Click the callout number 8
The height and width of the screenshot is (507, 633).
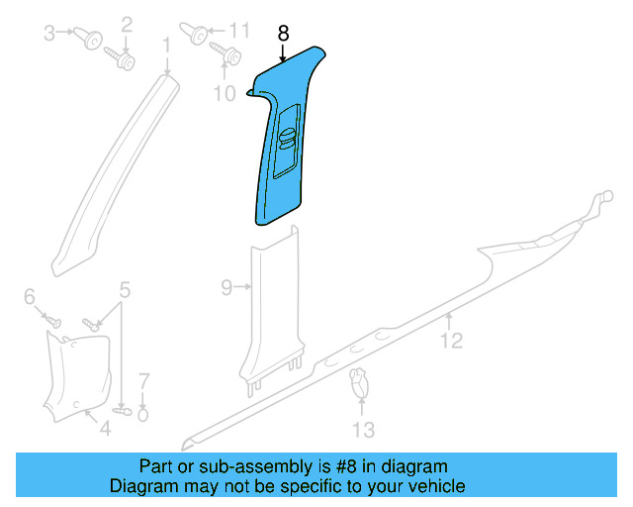[283, 33]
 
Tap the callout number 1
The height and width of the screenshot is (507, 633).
[166, 44]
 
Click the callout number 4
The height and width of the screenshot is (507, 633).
[125, 290]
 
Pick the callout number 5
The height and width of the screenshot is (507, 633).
[29, 296]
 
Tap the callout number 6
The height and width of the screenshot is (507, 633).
[143, 380]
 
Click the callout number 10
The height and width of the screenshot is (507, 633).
[225, 93]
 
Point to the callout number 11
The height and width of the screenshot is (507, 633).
[241, 29]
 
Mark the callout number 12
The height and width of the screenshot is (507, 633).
[451, 342]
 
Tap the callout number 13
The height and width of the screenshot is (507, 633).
[364, 430]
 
